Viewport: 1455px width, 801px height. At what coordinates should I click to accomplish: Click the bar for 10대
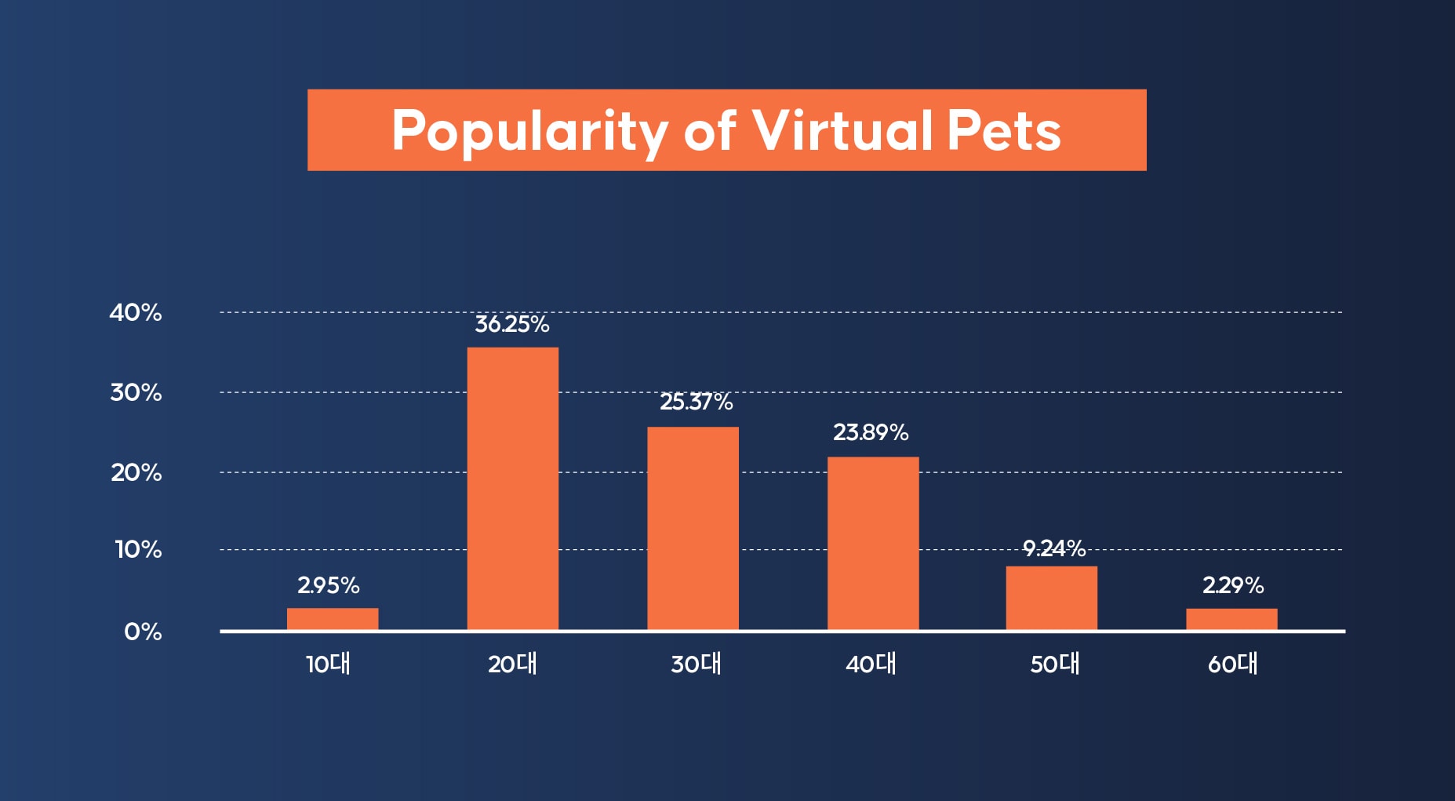[333, 619]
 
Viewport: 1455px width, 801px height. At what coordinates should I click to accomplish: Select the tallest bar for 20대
[513, 488]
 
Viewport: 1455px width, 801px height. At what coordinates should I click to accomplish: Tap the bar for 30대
[693, 528]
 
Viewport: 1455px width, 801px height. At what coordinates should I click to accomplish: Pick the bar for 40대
[873, 543]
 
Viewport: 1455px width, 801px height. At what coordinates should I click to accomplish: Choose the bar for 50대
[1052, 598]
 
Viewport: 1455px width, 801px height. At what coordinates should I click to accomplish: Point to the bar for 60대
[1231, 619]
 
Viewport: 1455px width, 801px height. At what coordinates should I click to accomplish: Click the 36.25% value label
[512, 325]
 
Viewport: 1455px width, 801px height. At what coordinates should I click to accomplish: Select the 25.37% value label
[696, 402]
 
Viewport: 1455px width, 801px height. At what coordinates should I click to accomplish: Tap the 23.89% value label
[871, 432]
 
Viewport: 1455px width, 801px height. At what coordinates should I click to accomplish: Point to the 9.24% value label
[1054, 548]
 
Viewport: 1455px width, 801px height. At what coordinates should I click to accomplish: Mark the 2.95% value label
[329, 585]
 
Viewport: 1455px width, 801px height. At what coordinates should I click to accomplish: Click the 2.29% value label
[1233, 585]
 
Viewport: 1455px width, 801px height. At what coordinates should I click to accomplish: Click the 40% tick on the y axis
[136, 313]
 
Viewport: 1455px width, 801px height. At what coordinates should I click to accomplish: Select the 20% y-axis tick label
[136, 473]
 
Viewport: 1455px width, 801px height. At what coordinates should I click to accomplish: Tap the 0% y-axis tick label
[143, 632]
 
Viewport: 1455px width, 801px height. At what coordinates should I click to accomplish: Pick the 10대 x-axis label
[329, 664]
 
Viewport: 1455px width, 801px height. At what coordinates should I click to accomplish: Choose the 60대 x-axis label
[1233, 664]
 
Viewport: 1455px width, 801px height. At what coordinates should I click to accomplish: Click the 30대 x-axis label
[696, 664]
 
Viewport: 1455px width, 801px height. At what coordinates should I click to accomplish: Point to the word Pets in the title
[1004, 130]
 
